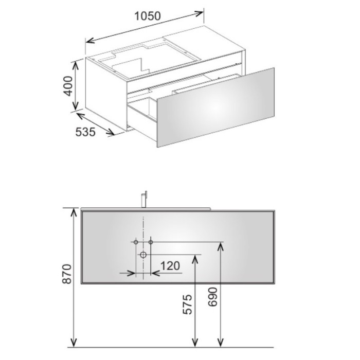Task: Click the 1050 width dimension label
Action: pyautogui.click(x=148, y=16)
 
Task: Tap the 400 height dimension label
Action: pyautogui.click(x=68, y=86)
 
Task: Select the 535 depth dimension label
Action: pyautogui.click(x=85, y=132)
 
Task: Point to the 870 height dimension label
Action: pyautogui.click(x=67, y=274)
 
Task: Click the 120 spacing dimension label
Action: pyautogui.click(x=170, y=266)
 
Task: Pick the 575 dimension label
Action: pyautogui.click(x=187, y=304)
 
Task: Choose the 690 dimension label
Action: pyautogui.click(x=212, y=297)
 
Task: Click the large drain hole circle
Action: pyautogui.click(x=143, y=255)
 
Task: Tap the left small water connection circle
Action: pyautogui.click(x=136, y=242)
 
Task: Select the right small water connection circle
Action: pyautogui.click(x=151, y=242)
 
